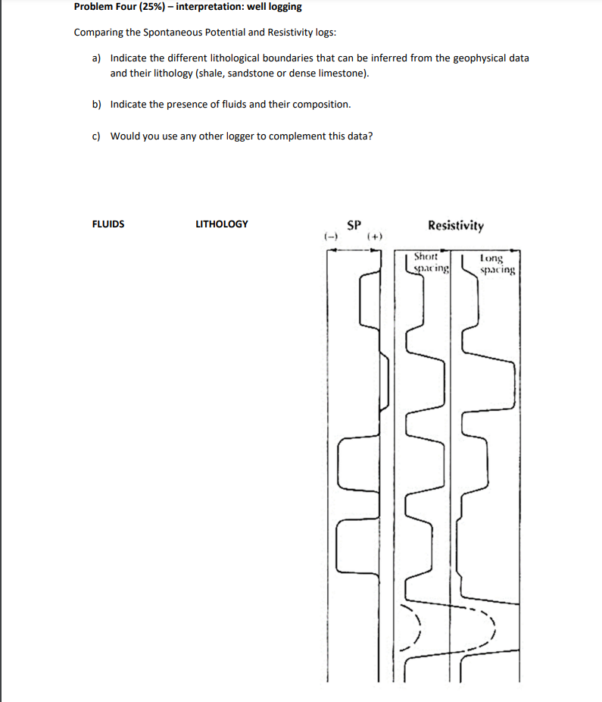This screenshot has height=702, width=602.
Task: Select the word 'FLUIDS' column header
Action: (x=108, y=224)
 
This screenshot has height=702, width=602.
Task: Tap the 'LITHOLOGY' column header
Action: (x=221, y=224)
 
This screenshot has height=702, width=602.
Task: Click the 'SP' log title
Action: (x=353, y=225)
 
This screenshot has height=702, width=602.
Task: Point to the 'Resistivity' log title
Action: (x=456, y=226)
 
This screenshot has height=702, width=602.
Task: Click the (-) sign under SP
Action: (x=330, y=237)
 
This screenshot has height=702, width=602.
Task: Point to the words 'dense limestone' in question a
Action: (x=332, y=74)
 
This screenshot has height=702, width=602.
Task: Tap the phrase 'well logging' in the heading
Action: (x=274, y=7)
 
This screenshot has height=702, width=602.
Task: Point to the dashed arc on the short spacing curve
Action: (x=416, y=628)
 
